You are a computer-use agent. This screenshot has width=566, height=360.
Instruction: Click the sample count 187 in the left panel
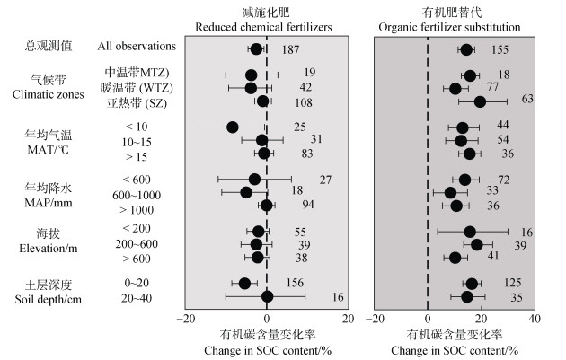290,49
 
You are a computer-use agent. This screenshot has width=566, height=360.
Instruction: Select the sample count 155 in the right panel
500,49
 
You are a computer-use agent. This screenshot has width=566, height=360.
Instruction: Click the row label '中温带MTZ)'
137,72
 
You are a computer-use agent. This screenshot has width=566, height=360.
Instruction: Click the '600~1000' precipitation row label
137,195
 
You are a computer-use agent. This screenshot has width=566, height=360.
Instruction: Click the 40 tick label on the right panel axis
535,318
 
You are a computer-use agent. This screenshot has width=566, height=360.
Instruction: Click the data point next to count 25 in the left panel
233,127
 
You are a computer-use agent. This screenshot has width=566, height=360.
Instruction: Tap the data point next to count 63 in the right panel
480,101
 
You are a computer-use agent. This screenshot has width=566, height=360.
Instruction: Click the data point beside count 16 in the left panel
267,296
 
